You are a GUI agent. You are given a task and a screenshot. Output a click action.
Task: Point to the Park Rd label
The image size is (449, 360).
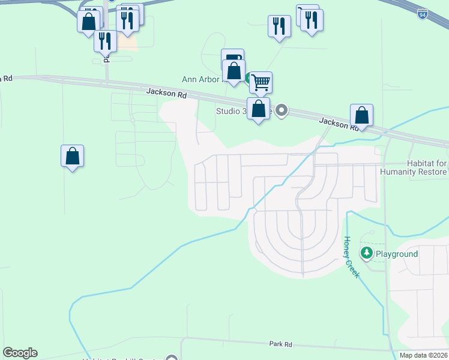click(x=280, y=344)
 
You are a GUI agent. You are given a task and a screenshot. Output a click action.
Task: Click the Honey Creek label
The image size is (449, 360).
click(x=351, y=256)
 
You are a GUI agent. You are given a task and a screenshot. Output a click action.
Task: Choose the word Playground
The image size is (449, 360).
click(x=397, y=254)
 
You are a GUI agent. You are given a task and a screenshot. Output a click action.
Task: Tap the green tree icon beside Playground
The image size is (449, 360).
click(x=366, y=253)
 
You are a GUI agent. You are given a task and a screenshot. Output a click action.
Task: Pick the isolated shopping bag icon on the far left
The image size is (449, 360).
click(x=72, y=156)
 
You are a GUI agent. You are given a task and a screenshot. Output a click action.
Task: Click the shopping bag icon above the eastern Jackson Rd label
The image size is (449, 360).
click(x=362, y=115)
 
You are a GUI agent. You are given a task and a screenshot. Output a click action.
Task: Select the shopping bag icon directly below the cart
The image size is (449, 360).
click(x=258, y=109)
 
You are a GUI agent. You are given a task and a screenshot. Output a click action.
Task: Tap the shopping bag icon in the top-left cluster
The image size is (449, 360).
click(x=88, y=21)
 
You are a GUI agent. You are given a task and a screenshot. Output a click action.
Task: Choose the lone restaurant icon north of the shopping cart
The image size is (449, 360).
click(x=279, y=25)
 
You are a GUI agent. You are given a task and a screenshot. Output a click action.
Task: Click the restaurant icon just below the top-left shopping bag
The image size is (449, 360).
click(x=104, y=41)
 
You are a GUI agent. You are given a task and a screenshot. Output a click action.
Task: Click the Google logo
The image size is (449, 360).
click(x=20, y=353)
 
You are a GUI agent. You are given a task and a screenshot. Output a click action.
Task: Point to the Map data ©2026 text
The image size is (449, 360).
click(x=423, y=355)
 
